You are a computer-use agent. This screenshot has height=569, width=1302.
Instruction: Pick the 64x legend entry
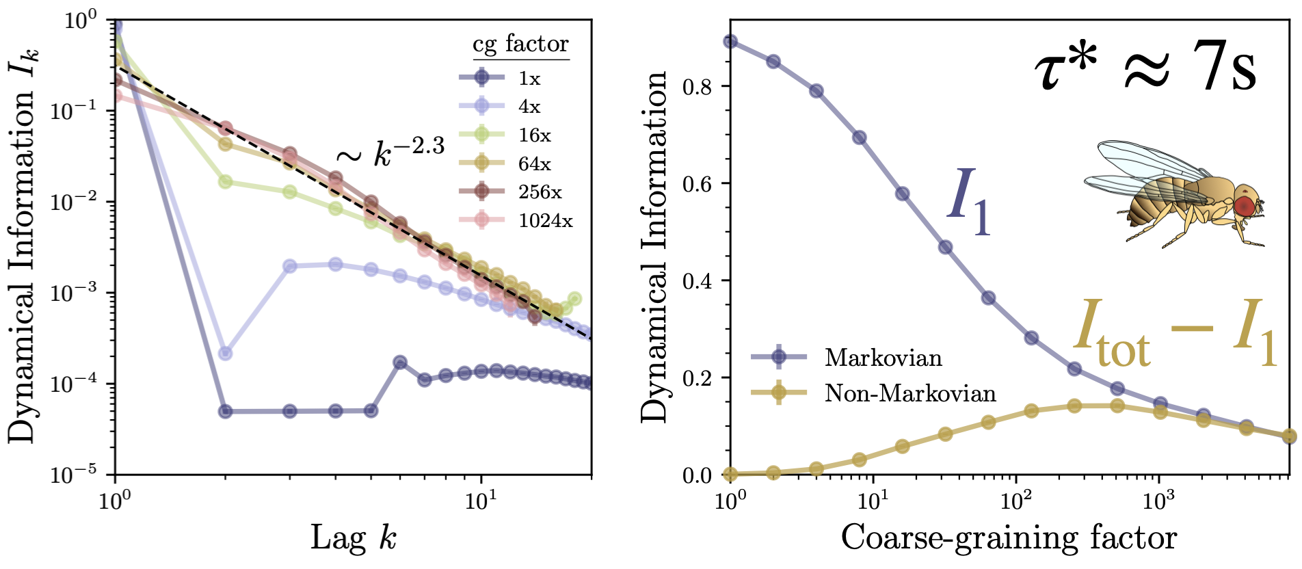click(x=520, y=163)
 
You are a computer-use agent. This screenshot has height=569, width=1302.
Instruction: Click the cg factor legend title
click(x=520, y=44)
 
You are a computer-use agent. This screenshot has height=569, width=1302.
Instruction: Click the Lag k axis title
click(x=353, y=538)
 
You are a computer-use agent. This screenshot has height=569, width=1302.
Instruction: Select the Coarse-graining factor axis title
click(x=1009, y=538)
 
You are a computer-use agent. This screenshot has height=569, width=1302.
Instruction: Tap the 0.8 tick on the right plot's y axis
click(x=696, y=87)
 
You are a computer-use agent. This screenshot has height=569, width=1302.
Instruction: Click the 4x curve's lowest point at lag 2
click(x=225, y=354)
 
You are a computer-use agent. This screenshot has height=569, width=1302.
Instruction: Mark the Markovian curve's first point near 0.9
click(x=730, y=42)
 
